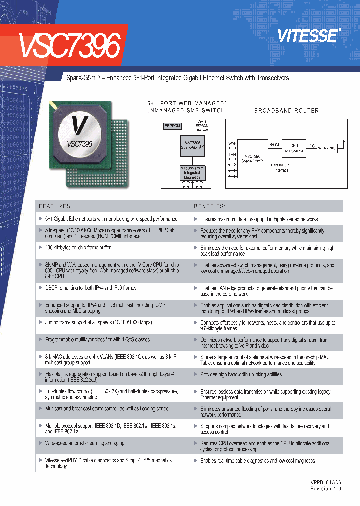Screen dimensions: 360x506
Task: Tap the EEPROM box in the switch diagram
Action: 172,125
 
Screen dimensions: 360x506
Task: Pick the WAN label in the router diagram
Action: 232,144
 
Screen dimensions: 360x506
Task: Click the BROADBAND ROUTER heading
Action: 287,111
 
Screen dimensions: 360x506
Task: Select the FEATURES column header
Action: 55,206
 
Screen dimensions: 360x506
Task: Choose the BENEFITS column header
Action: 209,206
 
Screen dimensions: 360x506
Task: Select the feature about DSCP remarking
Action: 91,288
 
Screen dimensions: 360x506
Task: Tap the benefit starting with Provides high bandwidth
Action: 241,374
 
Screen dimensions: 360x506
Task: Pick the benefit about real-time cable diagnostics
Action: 257,461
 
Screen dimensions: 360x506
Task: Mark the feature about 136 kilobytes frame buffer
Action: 78,248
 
